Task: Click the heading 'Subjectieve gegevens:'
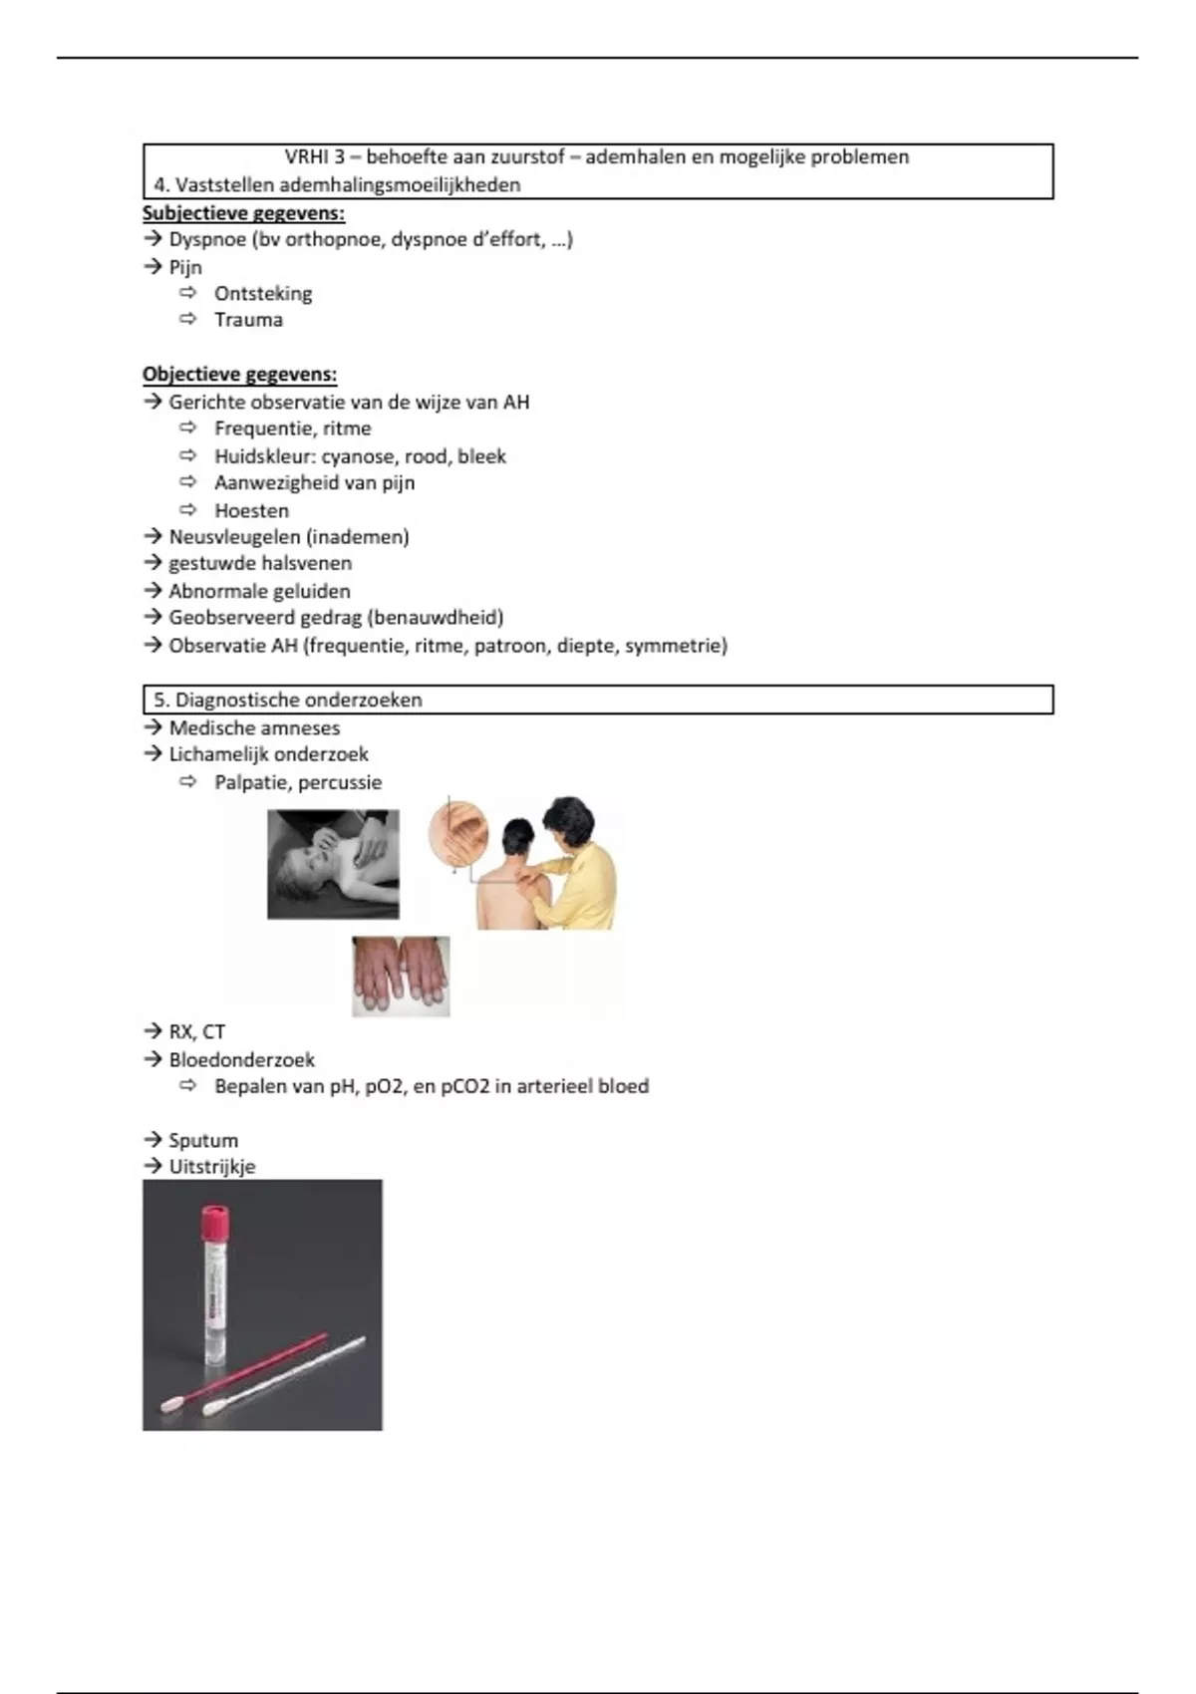tap(243, 212)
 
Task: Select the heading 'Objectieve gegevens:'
tap(239, 375)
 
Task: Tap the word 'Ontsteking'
tap(263, 294)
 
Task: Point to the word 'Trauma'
tap(248, 320)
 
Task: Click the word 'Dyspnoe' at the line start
tap(207, 239)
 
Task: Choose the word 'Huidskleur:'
tap(264, 456)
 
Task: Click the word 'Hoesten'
tap(251, 510)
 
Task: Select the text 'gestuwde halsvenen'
tap(259, 563)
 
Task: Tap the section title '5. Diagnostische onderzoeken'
tap(288, 700)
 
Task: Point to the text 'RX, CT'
tap(196, 1031)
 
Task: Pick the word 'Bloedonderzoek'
tap(241, 1059)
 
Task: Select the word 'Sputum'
tap(203, 1140)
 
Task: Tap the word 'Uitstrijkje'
tap(211, 1167)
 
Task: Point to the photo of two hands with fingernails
tap(401, 977)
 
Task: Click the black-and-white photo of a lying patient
tap(333, 864)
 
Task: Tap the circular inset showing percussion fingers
tap(458, 835)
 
